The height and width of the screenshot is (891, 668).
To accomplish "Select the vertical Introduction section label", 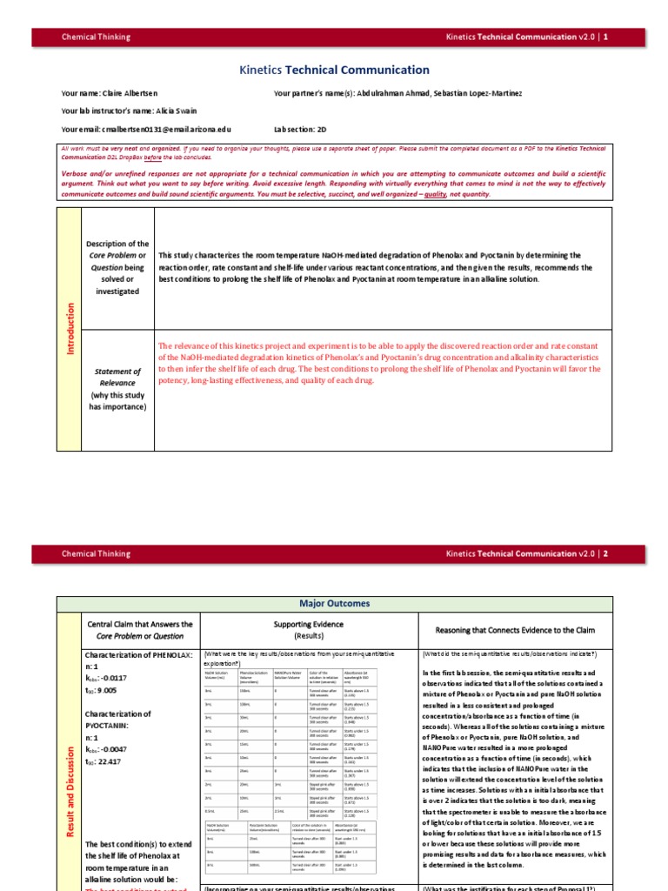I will coord(70,329).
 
